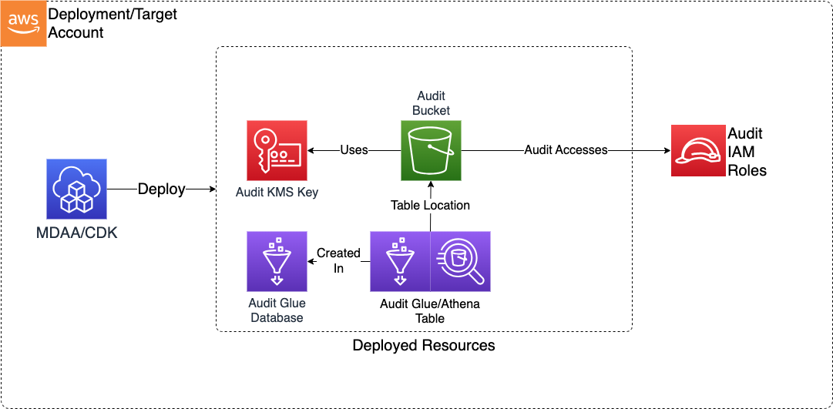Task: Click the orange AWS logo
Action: coord(23,23)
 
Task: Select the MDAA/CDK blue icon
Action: coord(76,189)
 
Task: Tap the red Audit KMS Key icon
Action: coord(277,150)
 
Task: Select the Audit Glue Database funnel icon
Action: coord(277,261)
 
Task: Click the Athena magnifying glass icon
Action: coord(460,261)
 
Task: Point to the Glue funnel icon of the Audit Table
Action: coord(400,261)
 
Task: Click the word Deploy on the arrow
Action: coord(161,189)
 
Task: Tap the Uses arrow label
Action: coord(354,150)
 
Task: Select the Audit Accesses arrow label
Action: coord(566,150)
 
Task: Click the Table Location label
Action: coord(430,206)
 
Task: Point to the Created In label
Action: coord(338,260)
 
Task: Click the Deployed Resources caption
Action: coord(424,345)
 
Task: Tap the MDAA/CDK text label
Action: coord(76,232)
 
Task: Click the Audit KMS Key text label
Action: coord(277,192)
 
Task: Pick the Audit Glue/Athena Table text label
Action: coord(430,310)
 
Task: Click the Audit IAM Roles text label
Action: coord(747,152)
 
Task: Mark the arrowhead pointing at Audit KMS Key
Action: coord(311,150)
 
